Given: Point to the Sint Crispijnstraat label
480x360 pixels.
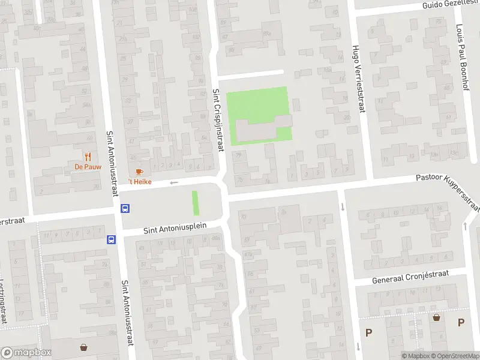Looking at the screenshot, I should click(x=217, y=120).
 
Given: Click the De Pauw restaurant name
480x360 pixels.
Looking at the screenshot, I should click(x=88, y=167).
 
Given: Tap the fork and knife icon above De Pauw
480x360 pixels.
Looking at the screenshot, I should click(x=88, y=157).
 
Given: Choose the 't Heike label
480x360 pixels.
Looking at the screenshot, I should click(x=139, y=182).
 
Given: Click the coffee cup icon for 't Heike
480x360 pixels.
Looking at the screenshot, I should click(x=139, y=172).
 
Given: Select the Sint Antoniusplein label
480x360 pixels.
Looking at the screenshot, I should click(x=175, y=227).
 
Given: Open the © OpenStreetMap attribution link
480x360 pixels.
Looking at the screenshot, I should click(x=454, y=356).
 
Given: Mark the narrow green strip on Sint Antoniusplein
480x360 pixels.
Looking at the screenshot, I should click(x=195, y=203).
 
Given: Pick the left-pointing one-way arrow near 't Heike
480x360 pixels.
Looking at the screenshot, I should click(x=175, y=182).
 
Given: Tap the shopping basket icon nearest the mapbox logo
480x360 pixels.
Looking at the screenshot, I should click(x=84, y=347).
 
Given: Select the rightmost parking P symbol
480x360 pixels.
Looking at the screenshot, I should click(x=461, y=322).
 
